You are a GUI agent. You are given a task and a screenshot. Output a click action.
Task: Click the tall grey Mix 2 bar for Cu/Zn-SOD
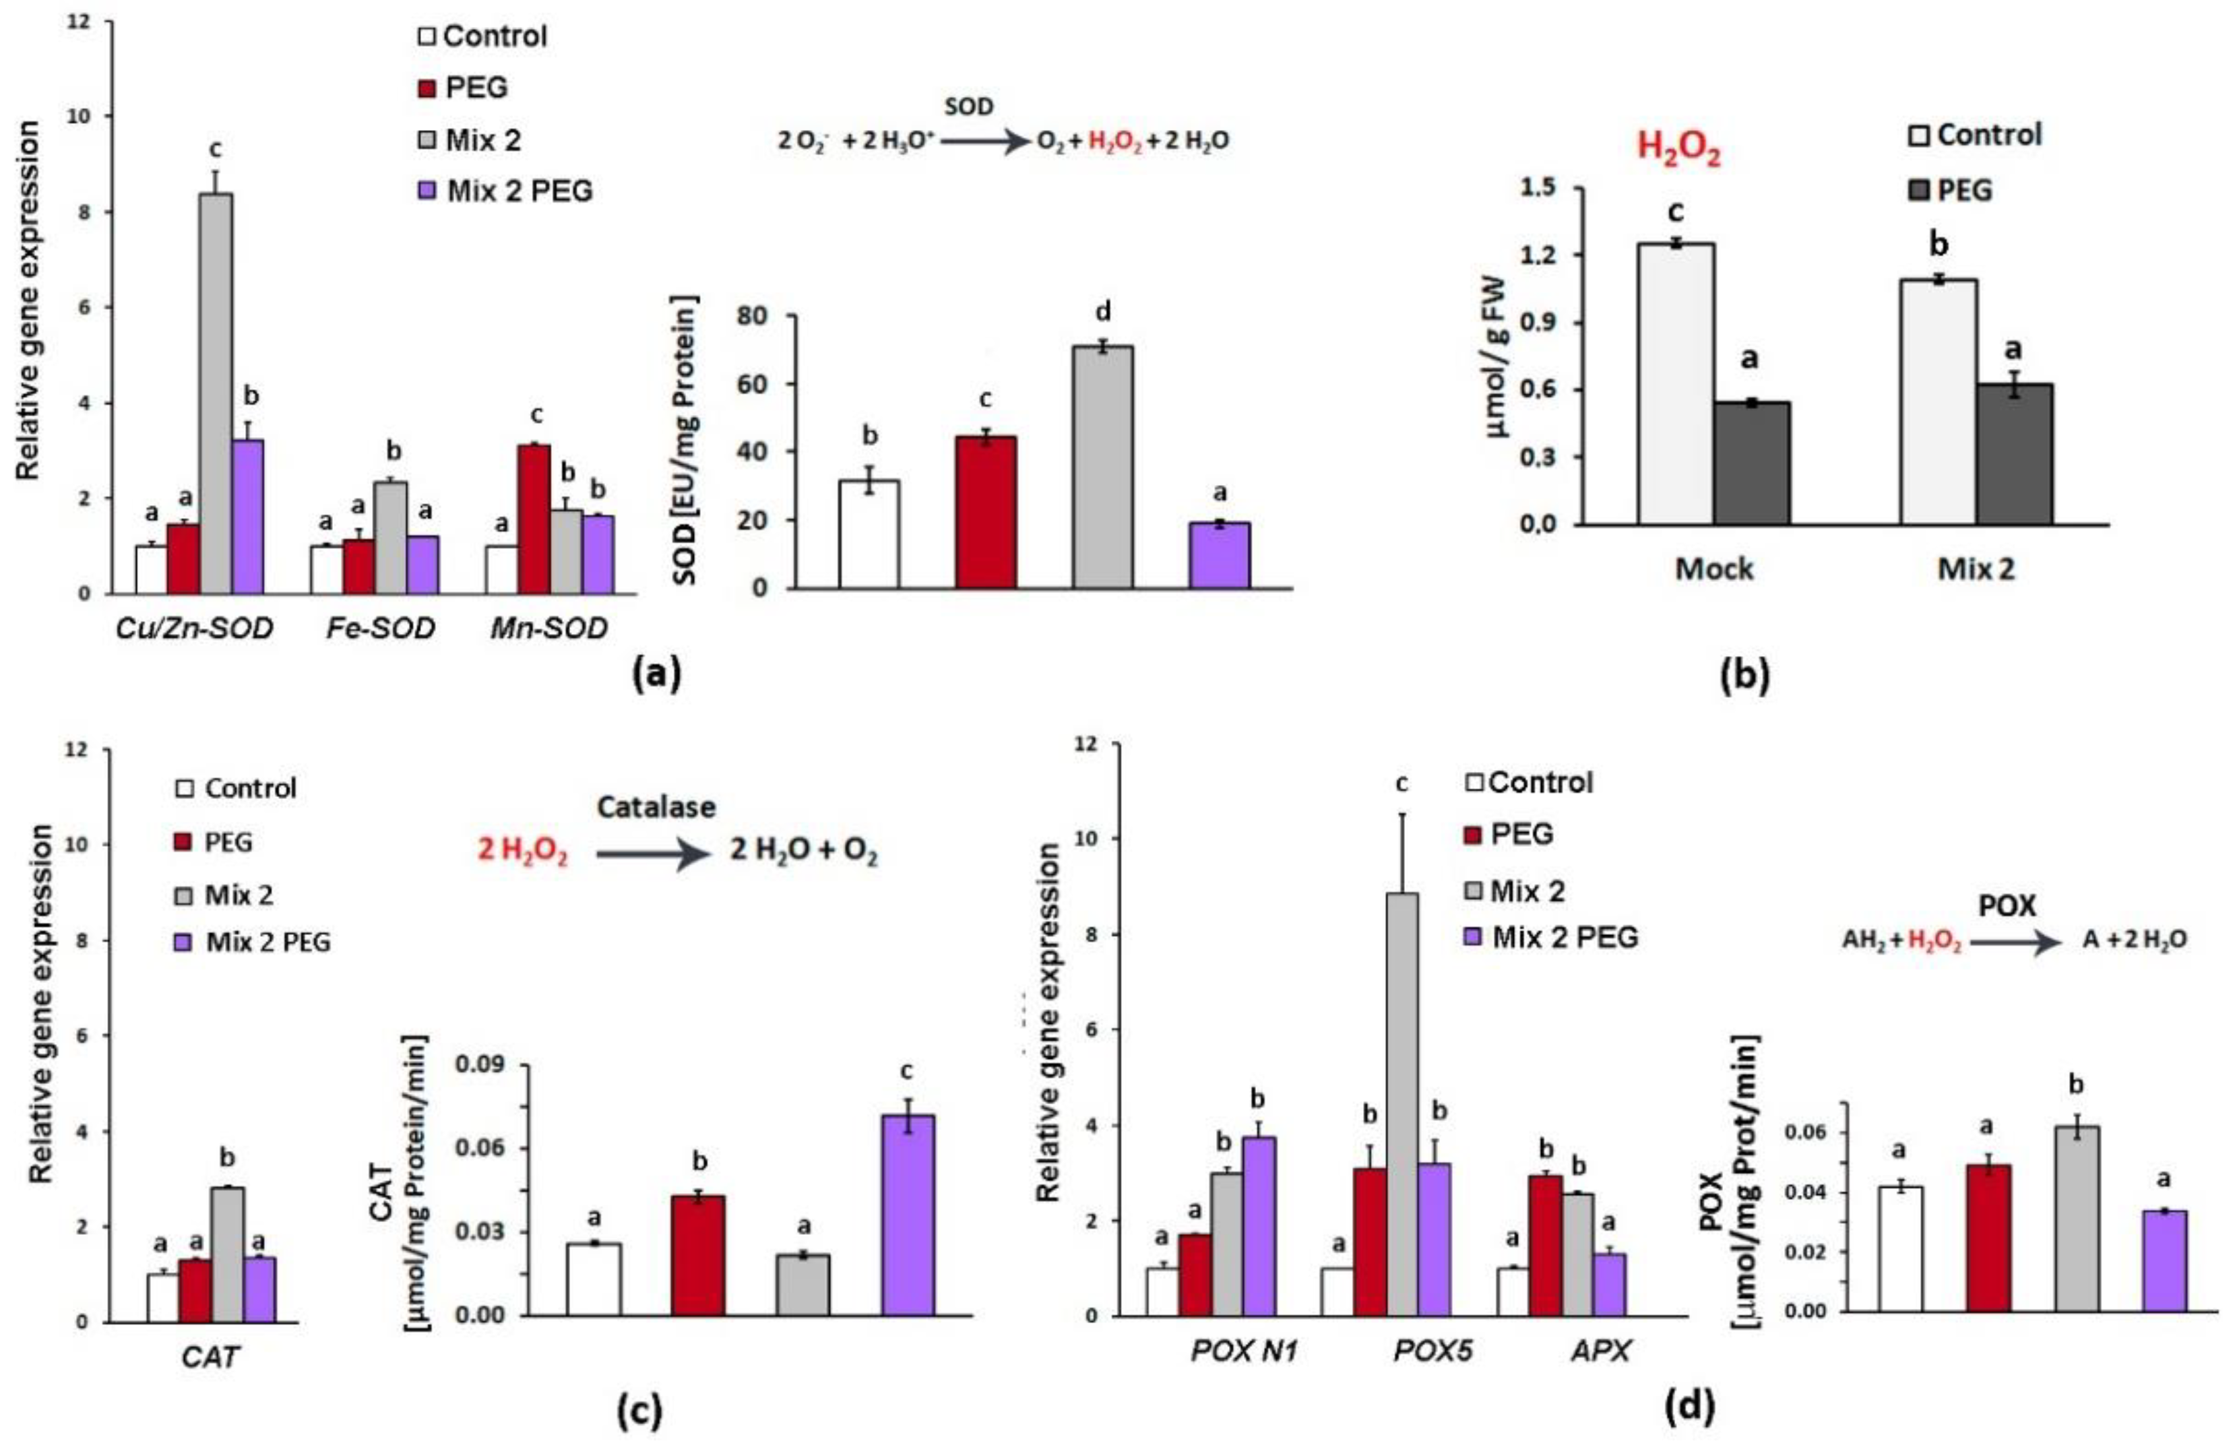[x=216, y=394]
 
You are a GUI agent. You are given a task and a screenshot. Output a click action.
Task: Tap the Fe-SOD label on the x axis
[x=380, y=628]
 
